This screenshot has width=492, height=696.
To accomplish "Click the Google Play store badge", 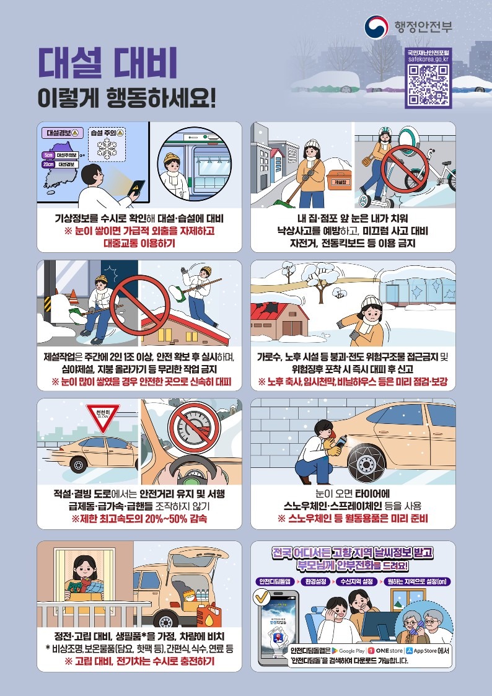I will click(347, 651).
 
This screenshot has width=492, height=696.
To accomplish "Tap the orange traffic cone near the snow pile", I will click(72, 293).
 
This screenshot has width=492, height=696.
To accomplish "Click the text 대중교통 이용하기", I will click(139, 243).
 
